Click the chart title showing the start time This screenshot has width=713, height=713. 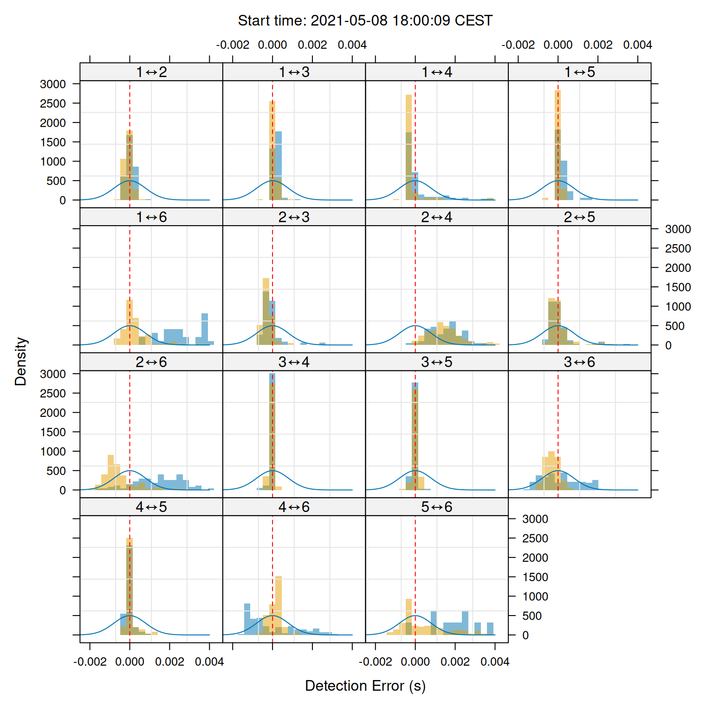point(365,21)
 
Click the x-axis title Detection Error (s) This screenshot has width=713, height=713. point(365,686)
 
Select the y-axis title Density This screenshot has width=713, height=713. point(21,362)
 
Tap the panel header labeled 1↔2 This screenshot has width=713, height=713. point(151,72)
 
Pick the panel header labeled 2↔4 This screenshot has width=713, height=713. point(436,217)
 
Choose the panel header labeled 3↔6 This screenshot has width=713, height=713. point(579,362)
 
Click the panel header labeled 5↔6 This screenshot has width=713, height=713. point(436,507)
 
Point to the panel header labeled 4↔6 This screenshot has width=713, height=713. point(294,507)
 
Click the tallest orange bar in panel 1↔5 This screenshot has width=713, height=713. point(557,139)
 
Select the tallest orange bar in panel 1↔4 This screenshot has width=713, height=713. point(408,139)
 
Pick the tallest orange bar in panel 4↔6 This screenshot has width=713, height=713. point(279,603)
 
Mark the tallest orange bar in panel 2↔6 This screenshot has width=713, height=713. point(110,471)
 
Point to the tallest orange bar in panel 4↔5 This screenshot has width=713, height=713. point(130,585)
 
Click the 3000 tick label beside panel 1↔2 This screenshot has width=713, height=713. point(53,84)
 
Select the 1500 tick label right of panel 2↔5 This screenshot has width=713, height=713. point(678,287)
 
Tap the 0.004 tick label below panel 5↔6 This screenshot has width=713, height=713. point(495,661)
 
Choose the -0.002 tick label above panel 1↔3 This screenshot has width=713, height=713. point(233,45)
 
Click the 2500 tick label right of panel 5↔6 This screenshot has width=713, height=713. point(535,538)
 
